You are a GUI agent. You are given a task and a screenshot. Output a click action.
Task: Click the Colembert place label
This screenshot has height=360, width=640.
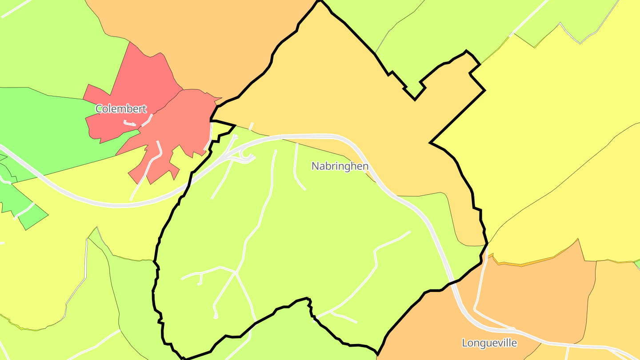121,109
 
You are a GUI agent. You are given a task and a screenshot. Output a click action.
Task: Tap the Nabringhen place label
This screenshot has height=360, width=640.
340,166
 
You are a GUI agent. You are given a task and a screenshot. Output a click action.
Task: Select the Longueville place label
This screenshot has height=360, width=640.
489,343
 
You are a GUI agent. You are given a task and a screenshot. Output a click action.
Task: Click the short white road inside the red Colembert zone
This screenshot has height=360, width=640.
129,123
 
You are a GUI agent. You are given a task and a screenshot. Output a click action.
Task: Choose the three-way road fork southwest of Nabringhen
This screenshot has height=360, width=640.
236,273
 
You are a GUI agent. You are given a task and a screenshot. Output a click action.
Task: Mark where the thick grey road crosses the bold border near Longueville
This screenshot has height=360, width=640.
452,282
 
